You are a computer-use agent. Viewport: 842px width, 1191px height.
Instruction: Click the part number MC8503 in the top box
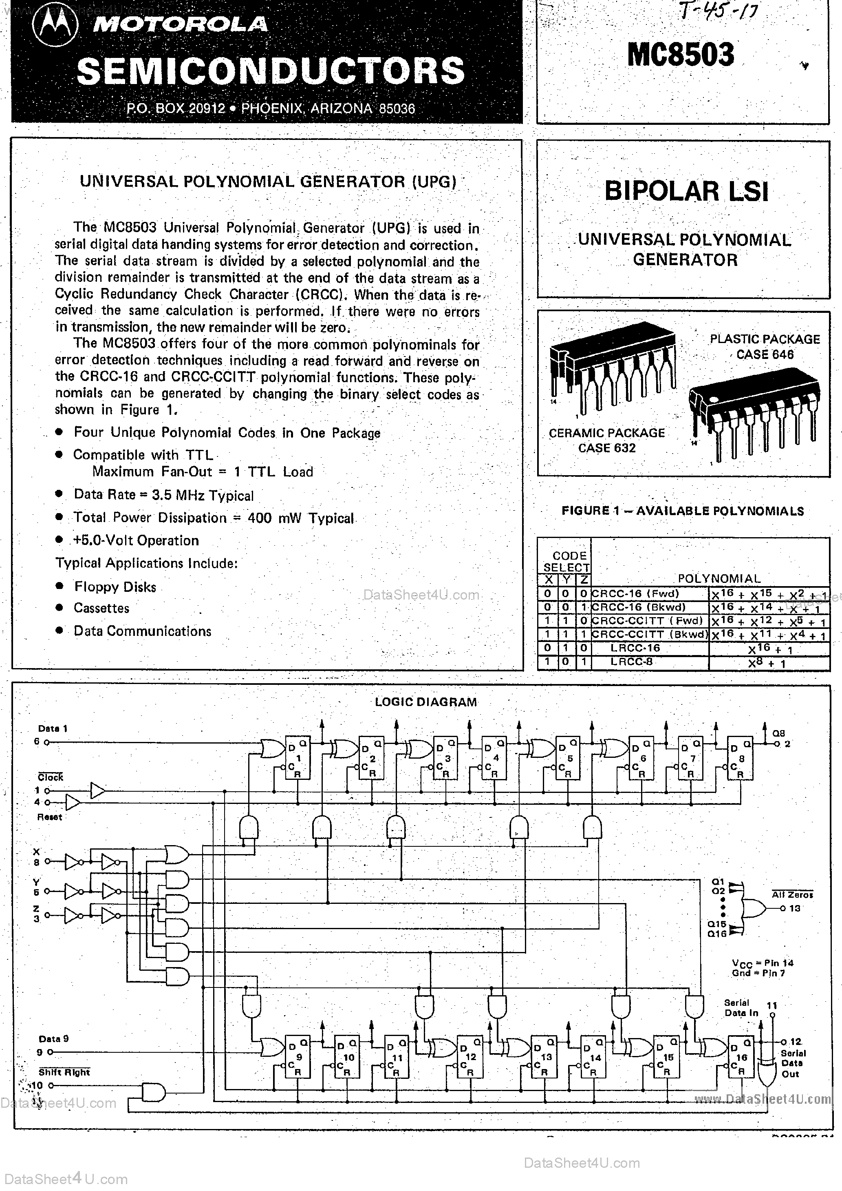coord(680,55)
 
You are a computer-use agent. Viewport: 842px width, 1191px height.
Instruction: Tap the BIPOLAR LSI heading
coord(686,191)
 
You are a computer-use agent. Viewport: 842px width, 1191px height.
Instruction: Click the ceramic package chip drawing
coord(612,368)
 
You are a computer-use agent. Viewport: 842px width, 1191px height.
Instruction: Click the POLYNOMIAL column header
coord(719,578)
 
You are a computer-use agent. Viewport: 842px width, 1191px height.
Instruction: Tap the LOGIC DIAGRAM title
coord(425,702)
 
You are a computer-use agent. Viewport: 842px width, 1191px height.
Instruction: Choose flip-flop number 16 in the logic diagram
coord(741,1057)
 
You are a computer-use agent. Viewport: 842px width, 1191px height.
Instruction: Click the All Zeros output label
coord(792,894)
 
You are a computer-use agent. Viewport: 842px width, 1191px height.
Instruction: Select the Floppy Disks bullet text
coord(115,587)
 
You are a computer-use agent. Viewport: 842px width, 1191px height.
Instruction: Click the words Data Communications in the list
coord(142,631)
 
